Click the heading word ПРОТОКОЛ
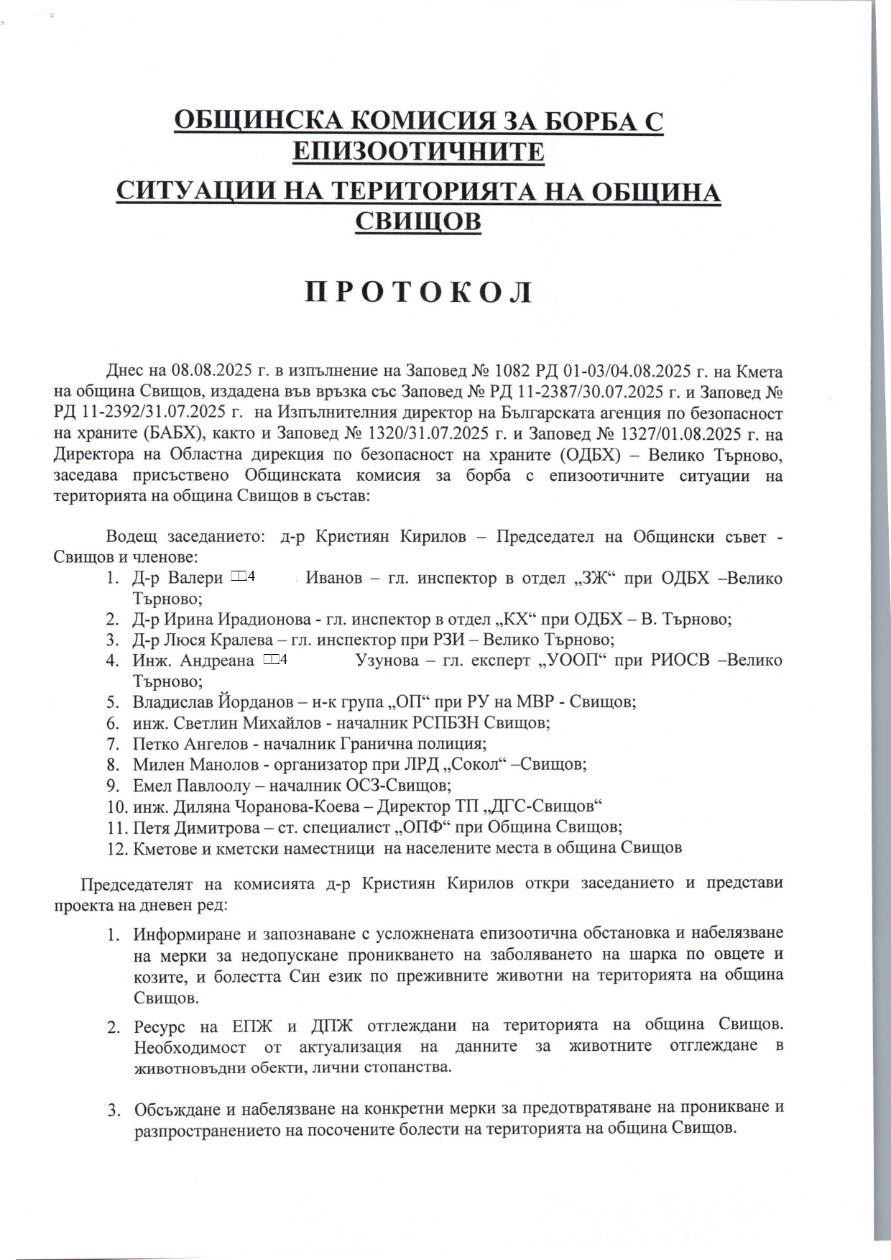[419, 293]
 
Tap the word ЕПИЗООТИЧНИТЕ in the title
[419, 152]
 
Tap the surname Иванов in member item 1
[334, 578]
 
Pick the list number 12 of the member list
[116, 847]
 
